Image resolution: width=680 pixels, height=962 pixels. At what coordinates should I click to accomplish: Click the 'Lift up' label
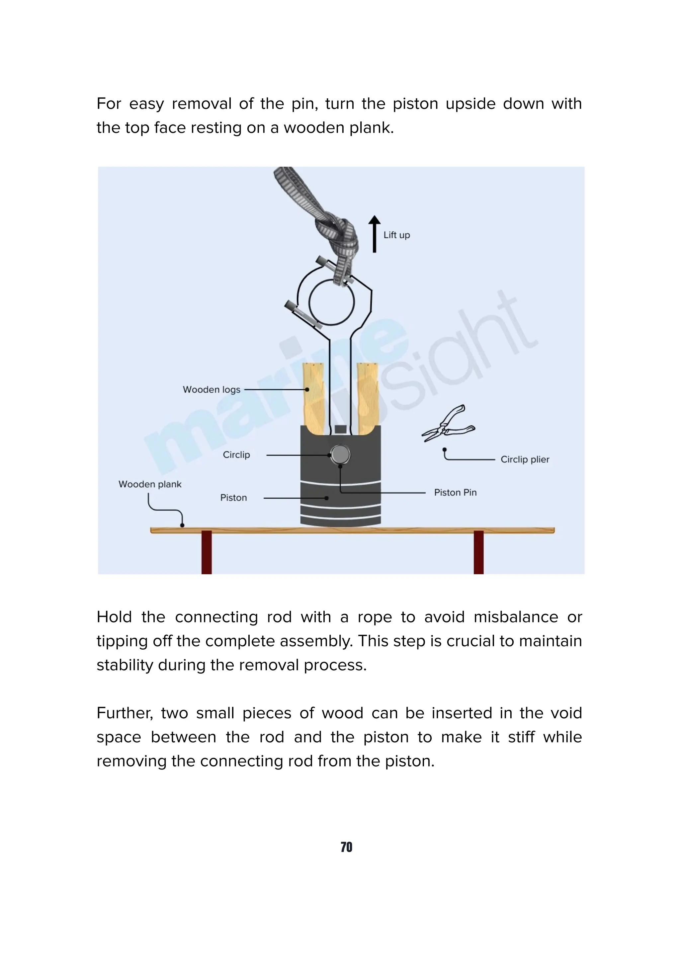[x=396, y=235]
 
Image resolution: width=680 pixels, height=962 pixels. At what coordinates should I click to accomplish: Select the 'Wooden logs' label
[x=212, y=390]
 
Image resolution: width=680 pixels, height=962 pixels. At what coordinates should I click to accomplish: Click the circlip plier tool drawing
[x=448, y=424]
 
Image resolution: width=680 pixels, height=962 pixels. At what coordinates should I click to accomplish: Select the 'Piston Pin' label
[x=455, y=493]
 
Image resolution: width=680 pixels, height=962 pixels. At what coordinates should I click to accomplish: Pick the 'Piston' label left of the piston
[x=233, y=498]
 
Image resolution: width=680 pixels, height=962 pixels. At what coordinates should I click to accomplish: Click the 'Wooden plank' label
[x=150, y=484]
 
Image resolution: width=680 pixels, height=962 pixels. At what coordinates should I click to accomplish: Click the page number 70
[x=346, y=847]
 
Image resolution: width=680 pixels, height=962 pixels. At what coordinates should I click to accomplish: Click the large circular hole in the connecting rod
[x=331, y=302]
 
